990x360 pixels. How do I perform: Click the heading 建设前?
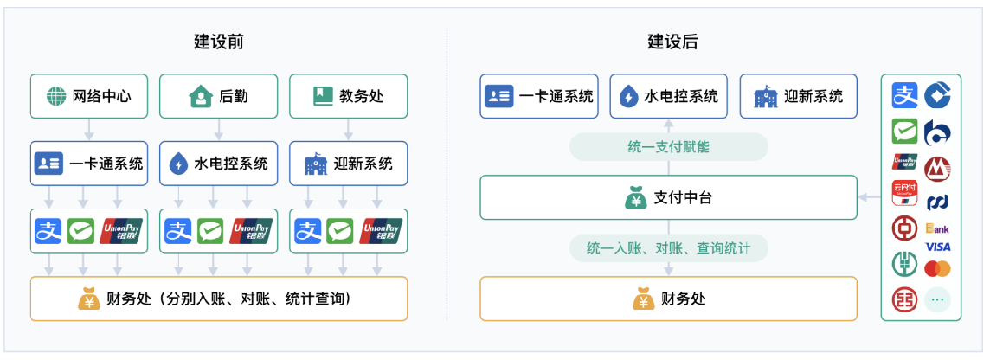(x=218, y=42)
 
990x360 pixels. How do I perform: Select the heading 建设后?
(x=672, y=42)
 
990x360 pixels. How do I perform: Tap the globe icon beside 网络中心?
(x=56, y=97)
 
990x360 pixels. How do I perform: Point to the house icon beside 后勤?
(x=200, y=97)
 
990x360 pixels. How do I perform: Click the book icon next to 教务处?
(x=323, y=97)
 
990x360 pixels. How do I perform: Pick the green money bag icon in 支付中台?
(x=636, y=197)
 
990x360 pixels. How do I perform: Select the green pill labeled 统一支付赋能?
(x=669, y=147)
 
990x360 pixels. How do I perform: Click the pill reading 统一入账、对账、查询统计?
(x=669, y=248)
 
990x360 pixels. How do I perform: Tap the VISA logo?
(x=937, y=247)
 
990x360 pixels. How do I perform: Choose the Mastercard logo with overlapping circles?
(x=937, y=269)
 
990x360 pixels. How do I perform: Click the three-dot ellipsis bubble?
(x=937, y=300)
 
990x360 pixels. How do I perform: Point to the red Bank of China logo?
(x=905, y=228)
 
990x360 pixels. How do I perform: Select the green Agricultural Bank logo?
(x=905, y=264)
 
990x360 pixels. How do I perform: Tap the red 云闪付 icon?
(x=905, y=193)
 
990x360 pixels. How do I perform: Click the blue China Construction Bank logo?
(x=937, y=94)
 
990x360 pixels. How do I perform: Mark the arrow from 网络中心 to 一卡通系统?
(x=89, y=130)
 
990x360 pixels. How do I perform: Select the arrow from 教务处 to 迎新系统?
(x=348, y=130)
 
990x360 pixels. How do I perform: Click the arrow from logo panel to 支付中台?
(x=870, y=197)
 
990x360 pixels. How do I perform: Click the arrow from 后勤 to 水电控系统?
(x=218, y=130)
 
